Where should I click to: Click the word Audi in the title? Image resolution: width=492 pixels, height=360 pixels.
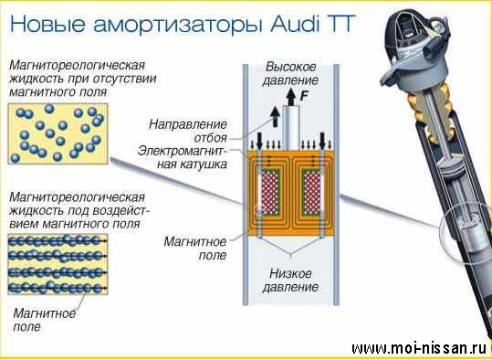tap(294, 23)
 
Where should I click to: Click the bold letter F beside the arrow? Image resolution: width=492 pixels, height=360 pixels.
tap(304, 96)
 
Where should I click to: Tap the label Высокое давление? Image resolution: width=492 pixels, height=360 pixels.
tap(290, 74)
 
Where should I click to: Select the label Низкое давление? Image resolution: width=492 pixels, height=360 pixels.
tap(290, 281)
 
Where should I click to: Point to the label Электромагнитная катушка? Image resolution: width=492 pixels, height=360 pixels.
tap(183, 157)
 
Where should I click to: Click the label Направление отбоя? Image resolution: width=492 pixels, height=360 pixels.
tap(188, 131)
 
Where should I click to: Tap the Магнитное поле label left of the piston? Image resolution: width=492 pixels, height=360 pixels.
tap(194, 249)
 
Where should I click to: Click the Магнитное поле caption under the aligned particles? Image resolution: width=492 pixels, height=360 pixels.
tap(44, 320)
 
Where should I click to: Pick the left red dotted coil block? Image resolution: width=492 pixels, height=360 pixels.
tap(270, 192)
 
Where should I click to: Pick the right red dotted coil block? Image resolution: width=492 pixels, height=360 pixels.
tap(312, 192)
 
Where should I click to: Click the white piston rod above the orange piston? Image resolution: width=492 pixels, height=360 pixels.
tap(291, 127)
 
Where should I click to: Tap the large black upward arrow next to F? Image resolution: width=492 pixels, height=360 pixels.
tap(291, 97)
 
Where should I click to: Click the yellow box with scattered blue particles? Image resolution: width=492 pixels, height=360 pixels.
tap(58, 133)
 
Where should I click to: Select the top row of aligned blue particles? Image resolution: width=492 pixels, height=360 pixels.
tap(57, 241)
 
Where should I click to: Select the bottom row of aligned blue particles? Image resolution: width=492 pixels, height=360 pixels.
tap(57, 288)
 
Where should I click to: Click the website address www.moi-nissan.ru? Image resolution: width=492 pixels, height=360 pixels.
tap(419, 348)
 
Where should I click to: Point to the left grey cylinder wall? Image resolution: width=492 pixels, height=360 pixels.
tap(246, 185)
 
